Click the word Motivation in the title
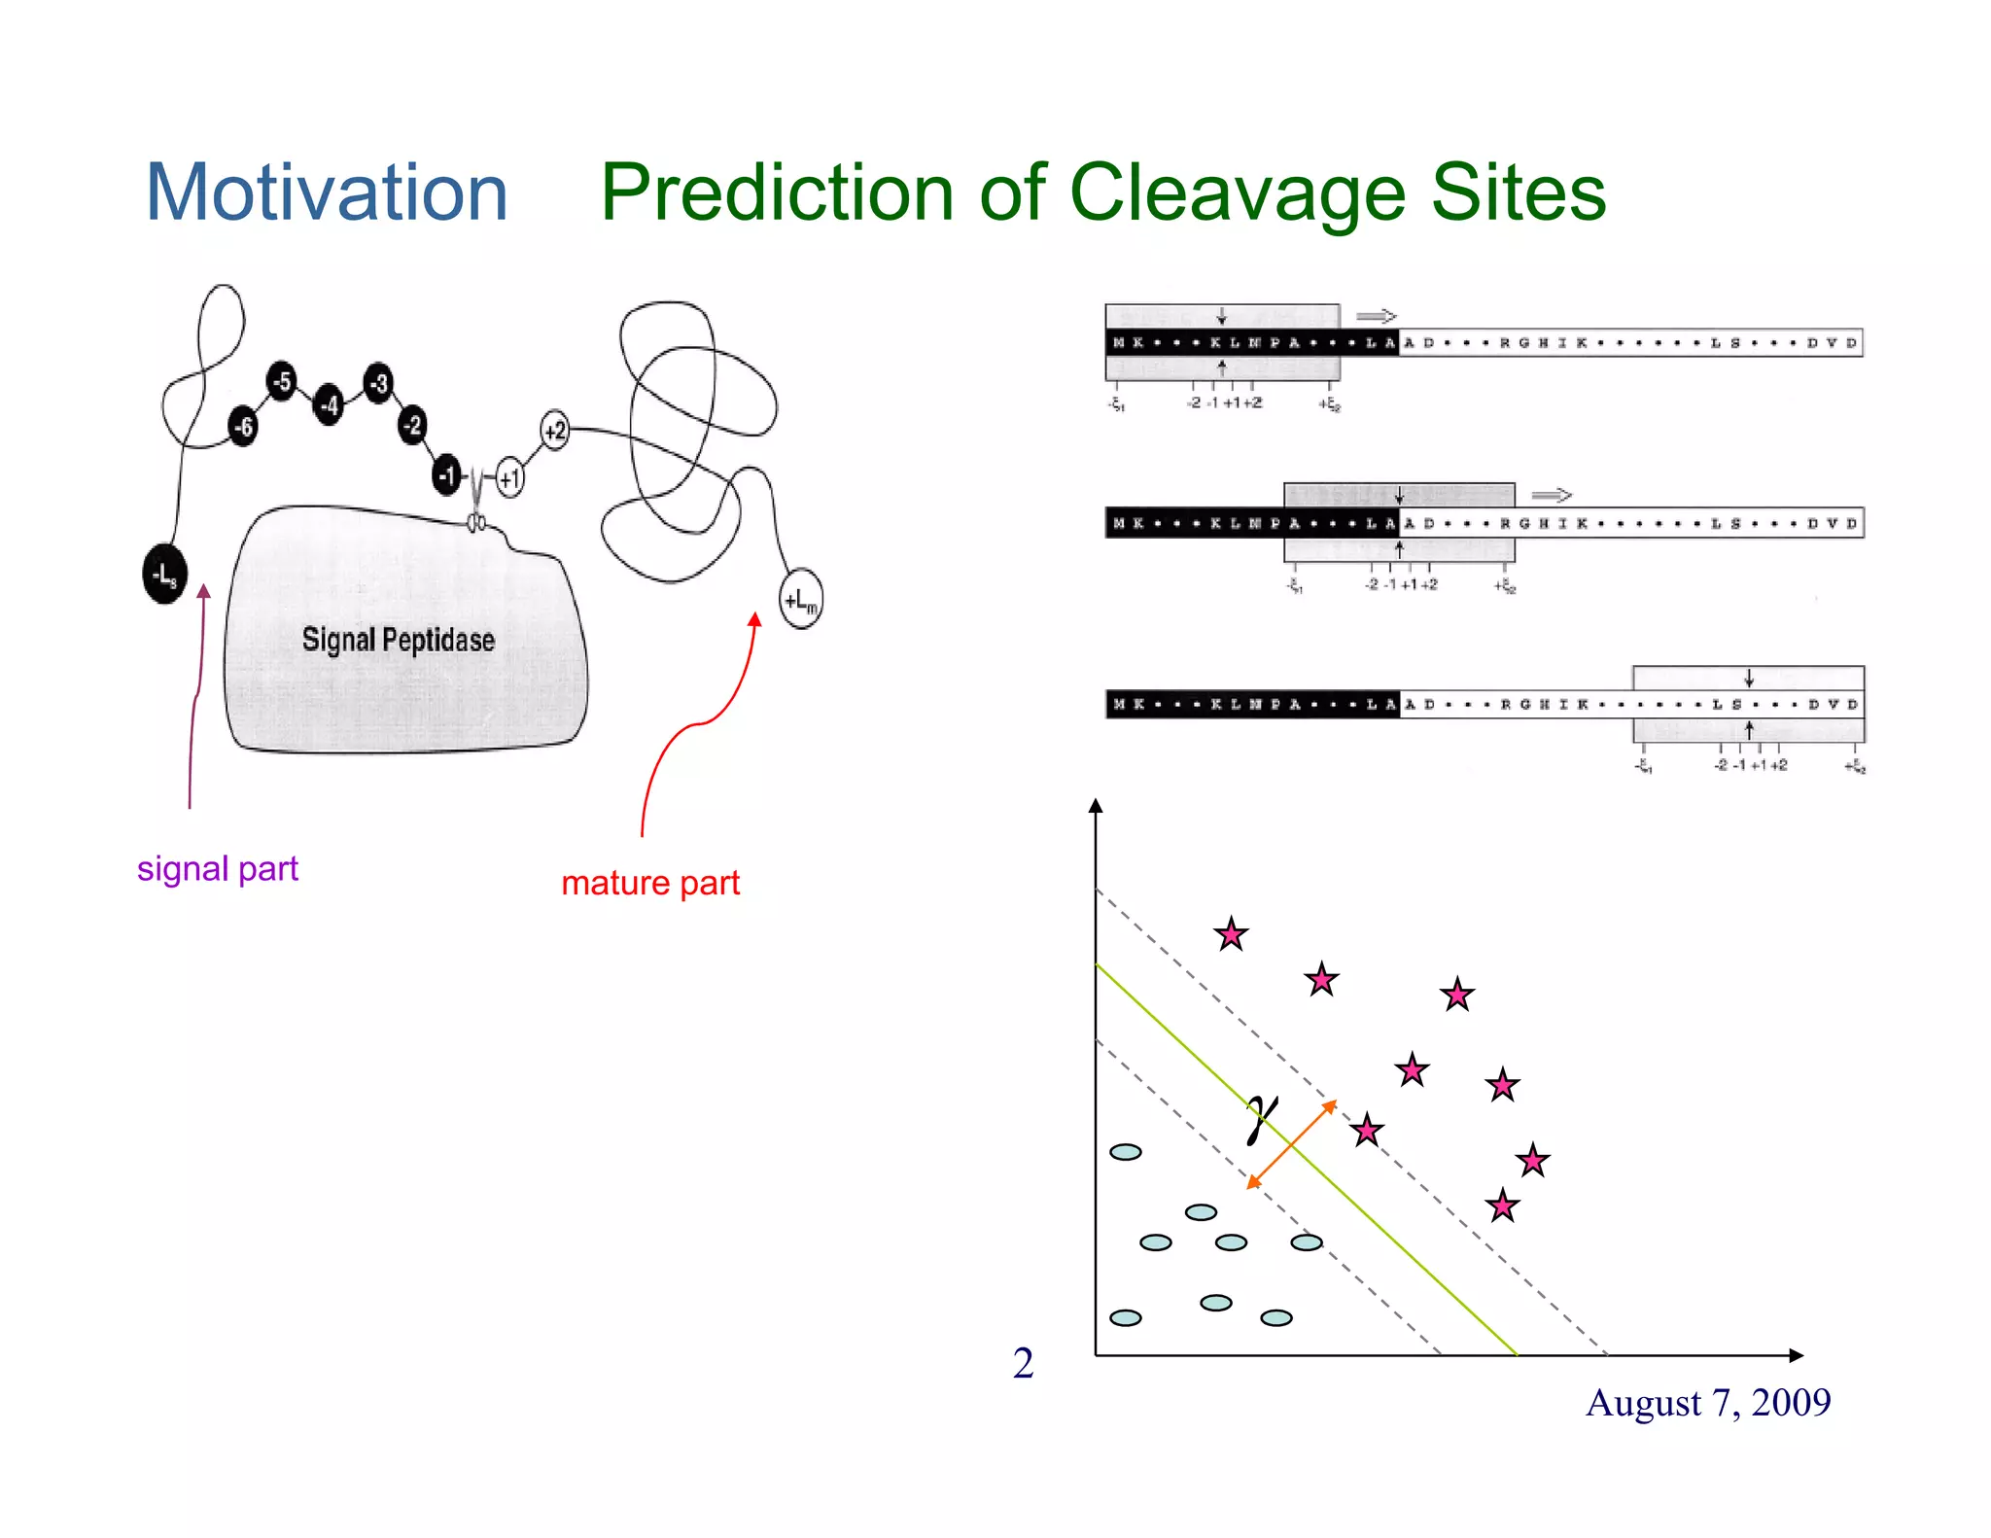(327, 192)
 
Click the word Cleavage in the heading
(1237, 192)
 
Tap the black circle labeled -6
(243, 426)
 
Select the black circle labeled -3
(378, 383)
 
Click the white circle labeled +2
(554, 430)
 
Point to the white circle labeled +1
(509, 477)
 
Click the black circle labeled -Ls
(164, 575)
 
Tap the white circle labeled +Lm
(801, 600)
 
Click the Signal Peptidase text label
(398, 640)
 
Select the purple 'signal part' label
(217, 868)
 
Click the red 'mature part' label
(650, 883)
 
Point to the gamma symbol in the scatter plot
(1261, 1118)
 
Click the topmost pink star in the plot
(1231, 934)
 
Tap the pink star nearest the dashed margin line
(1367, 1130)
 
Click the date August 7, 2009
(1707, 1403)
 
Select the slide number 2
(1023, 1363)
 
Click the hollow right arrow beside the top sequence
(1376, 316)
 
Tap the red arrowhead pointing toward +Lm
(754, 620)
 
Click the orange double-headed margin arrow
(1292, 1144)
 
